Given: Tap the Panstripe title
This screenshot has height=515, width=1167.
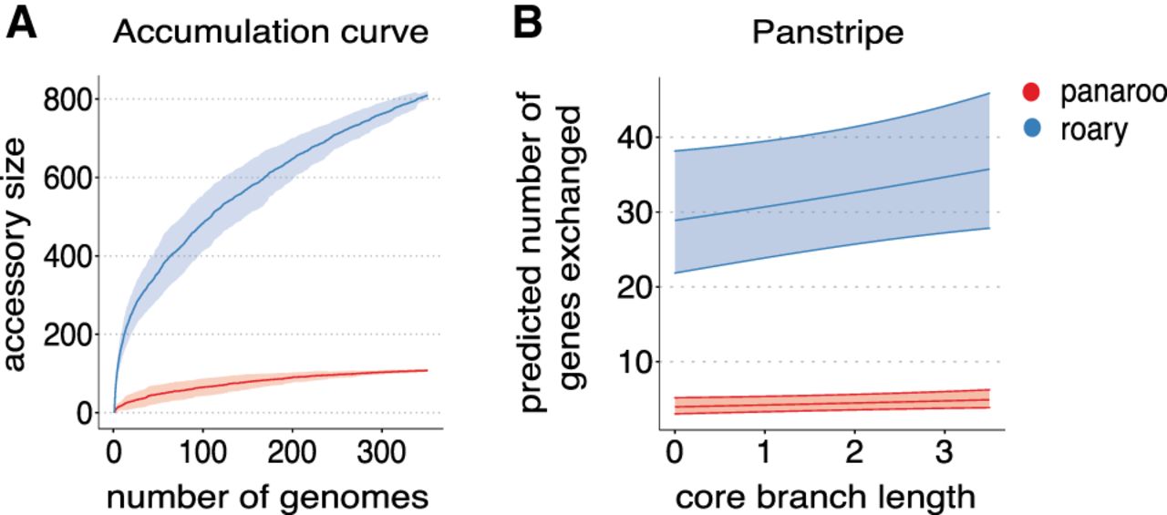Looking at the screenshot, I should [827, 33].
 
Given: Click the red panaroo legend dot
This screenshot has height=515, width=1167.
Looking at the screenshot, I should [1031, 93].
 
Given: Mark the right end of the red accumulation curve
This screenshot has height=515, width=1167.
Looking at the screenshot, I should [426, 370].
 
